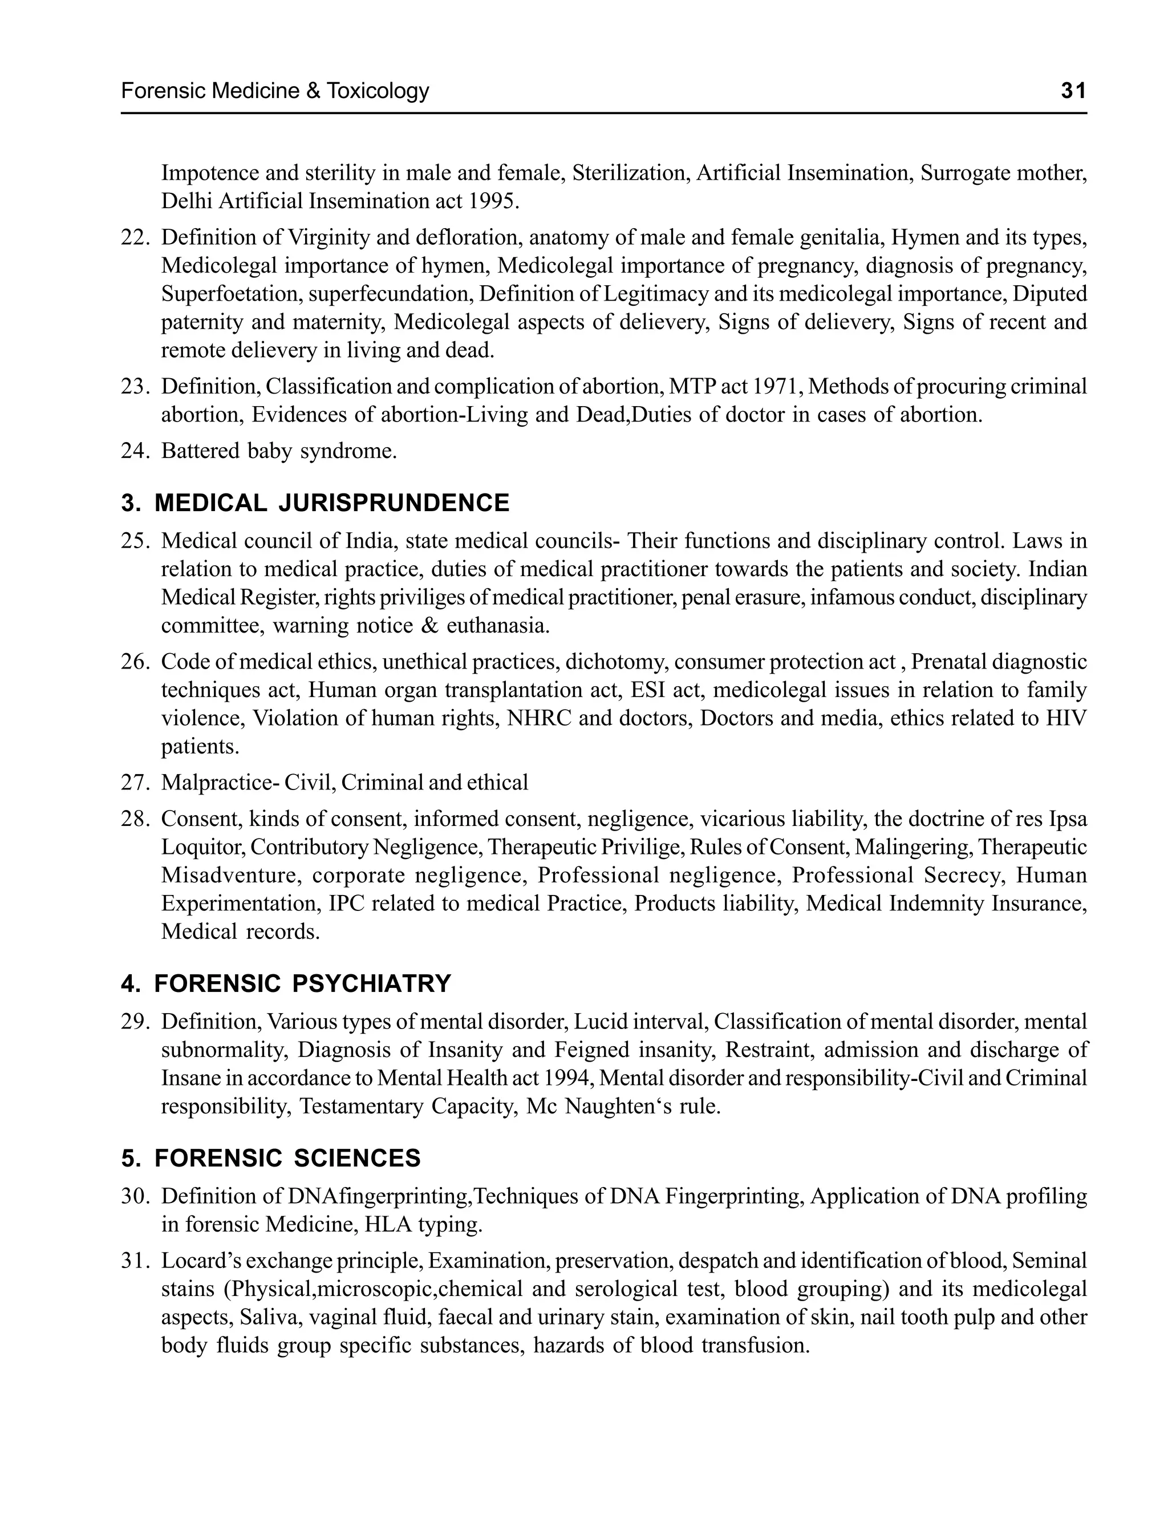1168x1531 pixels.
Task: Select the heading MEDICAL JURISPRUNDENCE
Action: click(x=331, y=503)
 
